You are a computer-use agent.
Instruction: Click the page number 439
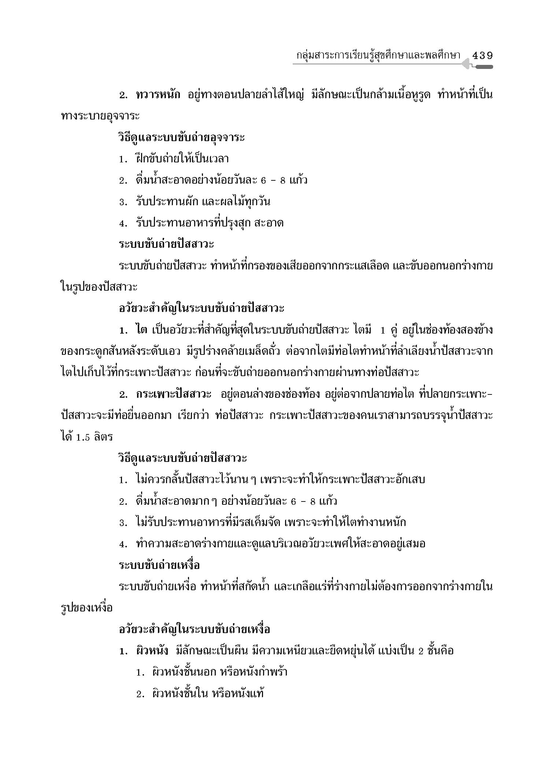pyautogui.click(x=482, y=56)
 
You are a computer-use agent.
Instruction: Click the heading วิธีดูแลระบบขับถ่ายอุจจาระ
pyautogui.click(x=181, y=137)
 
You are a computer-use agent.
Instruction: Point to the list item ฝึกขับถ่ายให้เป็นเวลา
pyautogui.click(x=182, y=159)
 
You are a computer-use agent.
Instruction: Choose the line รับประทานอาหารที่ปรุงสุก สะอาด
pyautogui.click(x=209, y=223)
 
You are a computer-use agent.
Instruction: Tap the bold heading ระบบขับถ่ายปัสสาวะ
pyautogui.click(x=166, y=244)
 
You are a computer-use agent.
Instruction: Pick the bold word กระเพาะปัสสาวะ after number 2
pyautogui.click(x=173, y=394)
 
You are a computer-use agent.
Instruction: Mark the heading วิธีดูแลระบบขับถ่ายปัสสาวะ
pyautogui.click(x=182, y=458)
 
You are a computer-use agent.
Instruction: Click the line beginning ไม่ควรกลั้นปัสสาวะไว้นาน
pyautogui.click(x=280, y=479)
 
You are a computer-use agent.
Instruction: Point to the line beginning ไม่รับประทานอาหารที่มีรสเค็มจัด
pyautogui.click(x=270, y=522)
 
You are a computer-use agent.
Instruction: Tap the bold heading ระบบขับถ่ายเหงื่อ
pyautogui.click(x=159, y=565)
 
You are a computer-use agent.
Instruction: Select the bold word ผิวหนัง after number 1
pyautogui.click(x=152, y=651)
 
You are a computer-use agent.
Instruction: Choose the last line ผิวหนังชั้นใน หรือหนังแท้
pyautogui.click(x=207, y=693)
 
